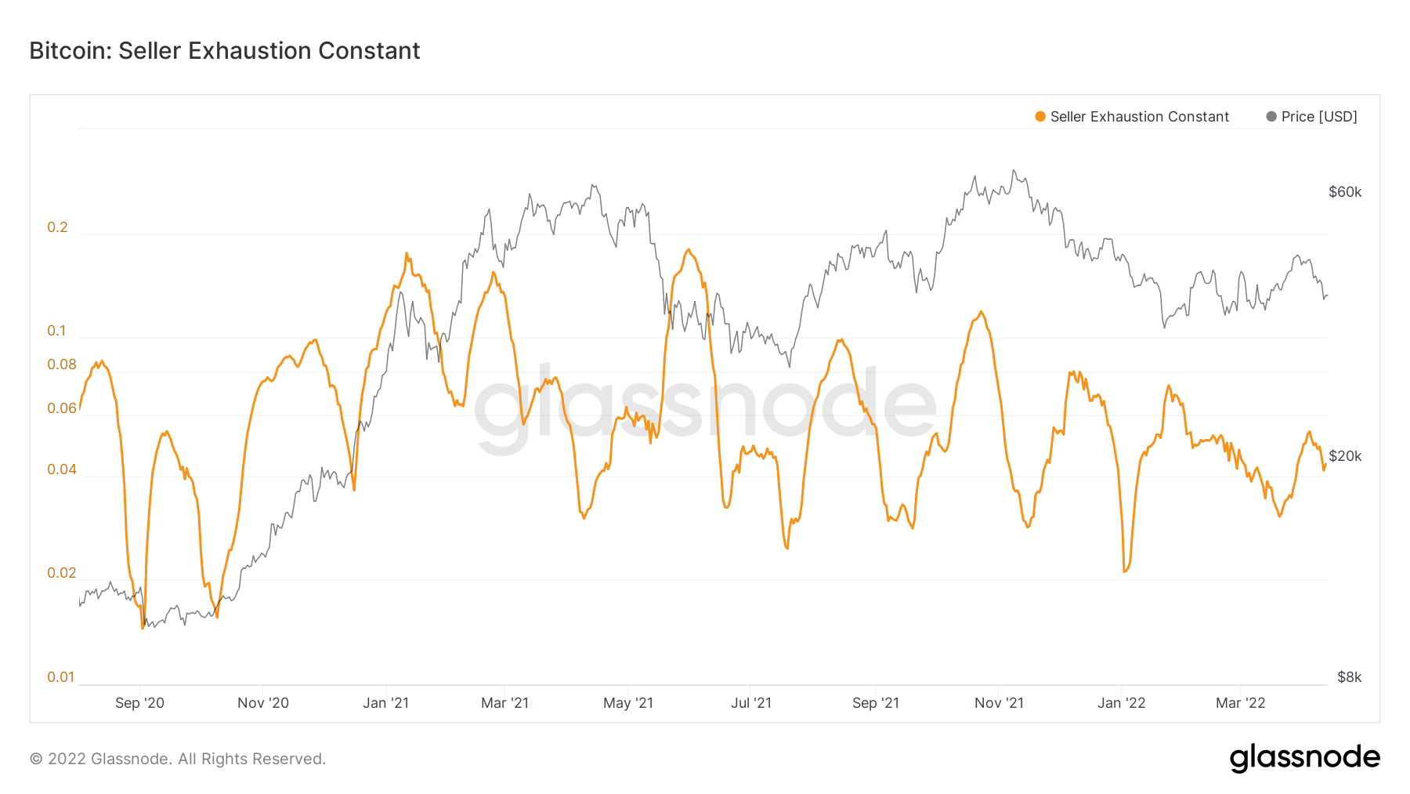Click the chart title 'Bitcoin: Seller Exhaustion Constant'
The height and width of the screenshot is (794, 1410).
click(225, 51)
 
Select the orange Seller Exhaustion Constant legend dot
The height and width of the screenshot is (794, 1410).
click(1040, 117)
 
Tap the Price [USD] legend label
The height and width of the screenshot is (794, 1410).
click(1319, 117)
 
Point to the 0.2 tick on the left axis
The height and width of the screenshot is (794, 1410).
click(57, 227)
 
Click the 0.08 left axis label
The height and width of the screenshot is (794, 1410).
click(62, 364)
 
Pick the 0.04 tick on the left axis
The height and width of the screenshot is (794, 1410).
click(62, 470)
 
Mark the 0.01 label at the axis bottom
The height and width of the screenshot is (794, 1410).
click(60, 677)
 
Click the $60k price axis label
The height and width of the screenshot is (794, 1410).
click(1345, 192)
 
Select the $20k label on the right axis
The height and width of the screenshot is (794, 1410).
click(1345, 456)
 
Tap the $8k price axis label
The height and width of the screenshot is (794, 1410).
click(1349, 677)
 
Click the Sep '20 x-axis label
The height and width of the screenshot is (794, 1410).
click(139, 703)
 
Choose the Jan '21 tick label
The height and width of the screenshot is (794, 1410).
click(385, 703)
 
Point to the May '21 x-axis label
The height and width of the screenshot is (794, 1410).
click(628, 703)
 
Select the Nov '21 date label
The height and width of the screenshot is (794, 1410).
click(999, 703)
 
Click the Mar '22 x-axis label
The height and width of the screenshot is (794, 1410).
click(1240, 703)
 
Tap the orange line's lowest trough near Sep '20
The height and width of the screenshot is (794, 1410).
click(142, 628)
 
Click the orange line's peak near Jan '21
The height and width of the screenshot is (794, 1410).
click(407, 253)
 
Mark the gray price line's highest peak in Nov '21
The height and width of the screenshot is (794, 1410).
click(1014, 170)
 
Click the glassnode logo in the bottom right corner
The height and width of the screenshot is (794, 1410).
click(1304, 758)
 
